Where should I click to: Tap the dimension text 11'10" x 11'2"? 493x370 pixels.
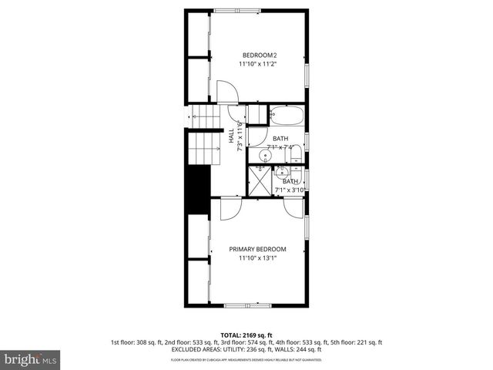[x=258, y=64]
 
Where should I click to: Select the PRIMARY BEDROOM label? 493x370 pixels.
[x=257, y=249]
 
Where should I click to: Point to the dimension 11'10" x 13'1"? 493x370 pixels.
[x=257, y=258]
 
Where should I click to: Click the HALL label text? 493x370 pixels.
[x=231, y=135]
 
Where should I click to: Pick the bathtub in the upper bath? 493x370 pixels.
[x=287, y=117]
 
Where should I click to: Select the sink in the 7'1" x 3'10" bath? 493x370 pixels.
[x=280, y=171]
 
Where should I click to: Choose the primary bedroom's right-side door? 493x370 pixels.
[x=293, y=207]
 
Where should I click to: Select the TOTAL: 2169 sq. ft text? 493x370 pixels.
[x=246, y=335]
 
